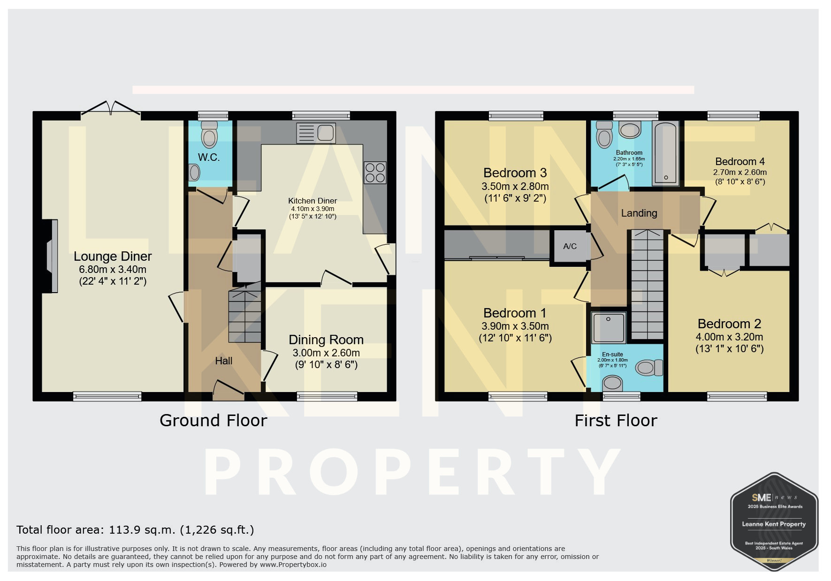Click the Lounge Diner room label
(x=113, y=257)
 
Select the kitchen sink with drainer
(x=316, y=133)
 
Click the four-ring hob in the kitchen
(x=375, y=172)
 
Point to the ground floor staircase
(x=244, y=313)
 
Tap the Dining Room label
(x=326, y=340)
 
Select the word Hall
(x=224, y=361)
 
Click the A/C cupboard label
(x=570, y=246)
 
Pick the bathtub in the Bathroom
(x=666, y=153)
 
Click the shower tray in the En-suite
(x=609, y=327)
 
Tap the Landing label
(x=639, y=213)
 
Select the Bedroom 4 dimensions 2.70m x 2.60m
(x=740, y=172)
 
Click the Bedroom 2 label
(x=729, y=324)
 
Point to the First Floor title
(x=616, y=421)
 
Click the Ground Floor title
(x=213, y=421)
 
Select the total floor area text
(x=135, y=530)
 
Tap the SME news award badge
(x=774, y=521)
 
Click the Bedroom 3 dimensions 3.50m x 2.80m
(x=515, y=186)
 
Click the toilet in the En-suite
(x=649, y=368)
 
